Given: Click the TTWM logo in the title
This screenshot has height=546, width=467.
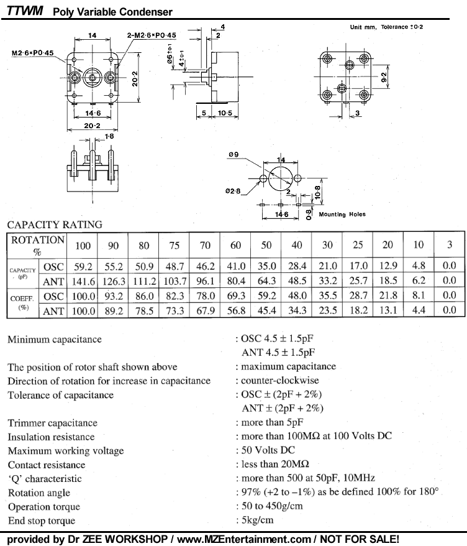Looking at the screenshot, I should (24, 11).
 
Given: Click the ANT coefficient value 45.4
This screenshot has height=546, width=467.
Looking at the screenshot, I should (266, 309).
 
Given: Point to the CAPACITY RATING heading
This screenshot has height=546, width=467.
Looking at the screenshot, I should (55, 224).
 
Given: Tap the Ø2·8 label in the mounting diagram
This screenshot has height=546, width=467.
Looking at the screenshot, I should (235, 192).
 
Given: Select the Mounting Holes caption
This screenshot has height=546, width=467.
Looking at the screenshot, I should (342, 215).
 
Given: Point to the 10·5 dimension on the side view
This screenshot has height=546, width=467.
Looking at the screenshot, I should (224, 113).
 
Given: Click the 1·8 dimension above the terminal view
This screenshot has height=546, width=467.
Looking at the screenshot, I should (109, 135).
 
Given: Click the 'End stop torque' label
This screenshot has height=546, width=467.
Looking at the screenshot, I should (42, 521).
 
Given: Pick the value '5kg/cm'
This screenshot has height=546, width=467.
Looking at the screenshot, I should (258, 521).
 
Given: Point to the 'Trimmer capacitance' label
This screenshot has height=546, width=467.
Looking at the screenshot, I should (53, 423).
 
